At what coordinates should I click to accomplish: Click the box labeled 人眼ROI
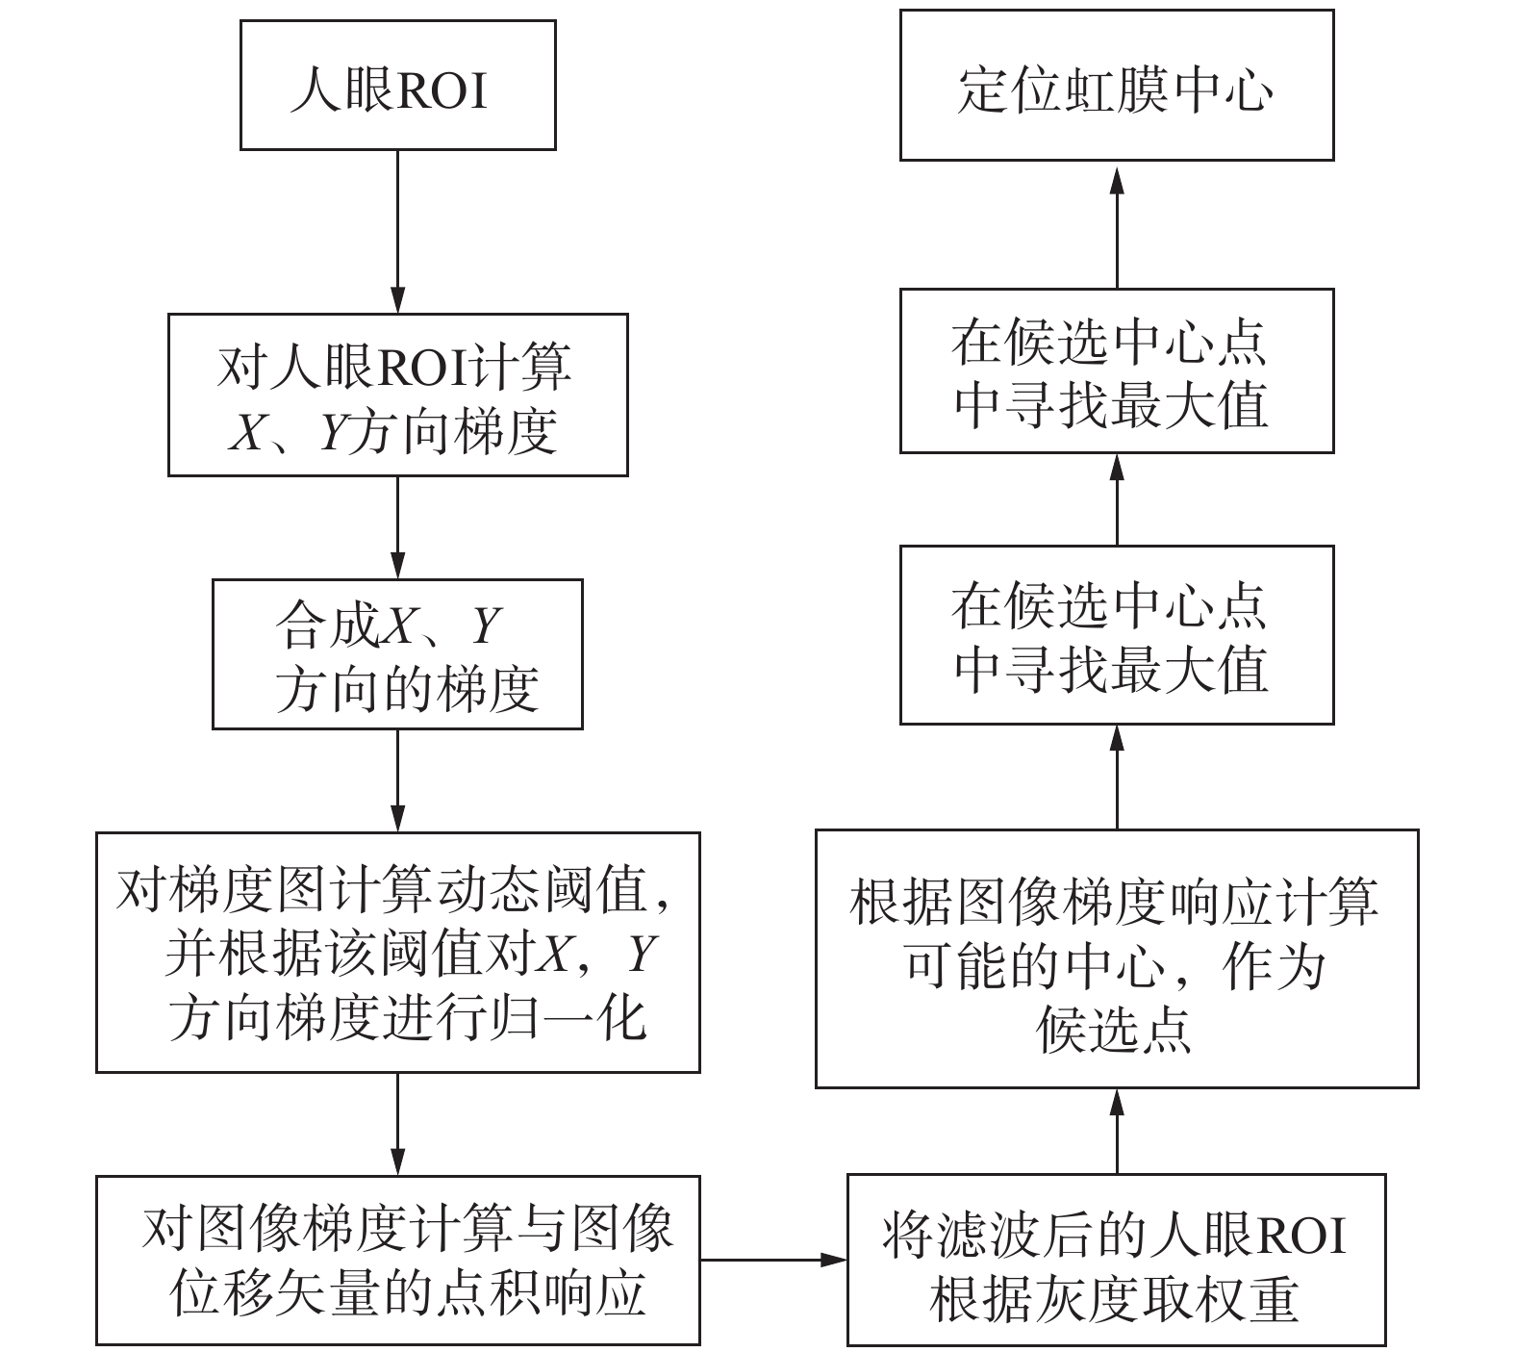pos(397,86)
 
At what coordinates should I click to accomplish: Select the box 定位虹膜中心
pos(1116,86)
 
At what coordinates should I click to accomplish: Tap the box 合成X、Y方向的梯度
pos(397,653)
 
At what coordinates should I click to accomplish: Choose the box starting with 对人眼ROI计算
pos(397,395)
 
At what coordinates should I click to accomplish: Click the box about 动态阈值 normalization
pos(397,952)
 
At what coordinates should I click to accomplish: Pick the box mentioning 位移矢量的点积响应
pos(397,1260)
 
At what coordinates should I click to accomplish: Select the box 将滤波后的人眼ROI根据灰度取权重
pos(1116,1260)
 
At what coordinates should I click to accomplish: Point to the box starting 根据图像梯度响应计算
pos(1116,958)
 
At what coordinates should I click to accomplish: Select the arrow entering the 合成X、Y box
pos(397,527)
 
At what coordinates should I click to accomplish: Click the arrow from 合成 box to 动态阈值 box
pos(397,780)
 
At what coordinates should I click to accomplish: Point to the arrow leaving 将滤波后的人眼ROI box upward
pos(1117,1131)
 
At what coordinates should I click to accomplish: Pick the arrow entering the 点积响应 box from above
pos(397,1123)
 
